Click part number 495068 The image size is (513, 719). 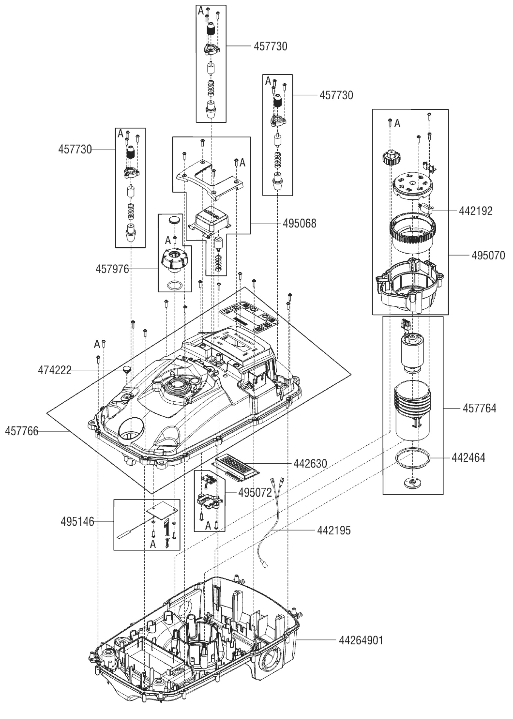(299, 223)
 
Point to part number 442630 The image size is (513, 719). (310, 464)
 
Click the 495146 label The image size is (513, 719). (77, 522)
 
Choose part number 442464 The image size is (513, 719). (468, 457)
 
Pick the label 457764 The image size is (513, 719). (479, 408)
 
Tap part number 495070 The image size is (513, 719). (488, 255)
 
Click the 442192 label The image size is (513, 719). (476, 211)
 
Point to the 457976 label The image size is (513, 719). (112, 269)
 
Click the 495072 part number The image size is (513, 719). (255, 492)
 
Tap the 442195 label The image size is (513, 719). (334, 530)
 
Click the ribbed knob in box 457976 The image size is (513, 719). (174, 259)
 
